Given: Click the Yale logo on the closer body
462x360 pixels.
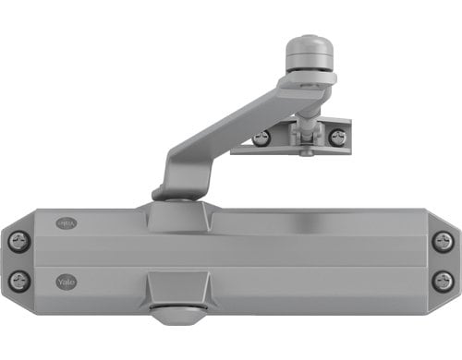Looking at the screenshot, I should coord(67,281).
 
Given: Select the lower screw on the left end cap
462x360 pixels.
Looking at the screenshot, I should coord(19,280).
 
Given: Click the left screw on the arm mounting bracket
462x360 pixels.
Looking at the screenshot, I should coord(261,138).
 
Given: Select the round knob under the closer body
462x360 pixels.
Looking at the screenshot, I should coord(178,313).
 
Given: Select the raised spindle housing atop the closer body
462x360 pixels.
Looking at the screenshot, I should coord(177,217).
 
